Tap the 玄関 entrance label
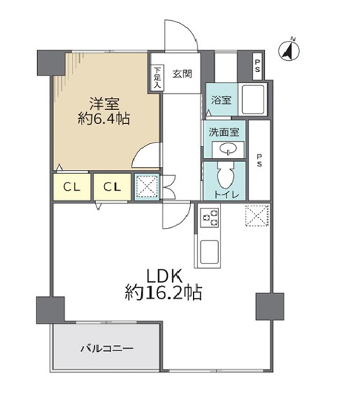[183, 73]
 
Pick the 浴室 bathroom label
[220, 99]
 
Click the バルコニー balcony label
[104, 347]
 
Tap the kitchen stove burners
[209, 218]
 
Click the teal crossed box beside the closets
[146, 187]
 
